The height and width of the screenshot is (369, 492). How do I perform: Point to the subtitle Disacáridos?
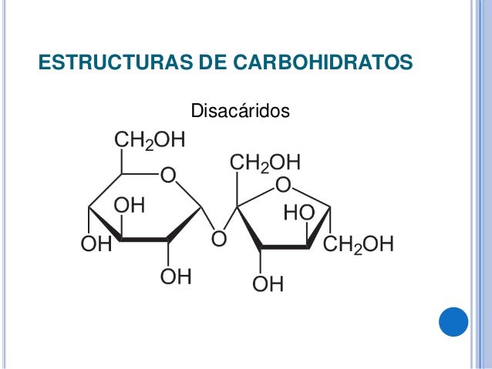click(240, 112)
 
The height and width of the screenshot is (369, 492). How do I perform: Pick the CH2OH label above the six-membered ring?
click(150, 140)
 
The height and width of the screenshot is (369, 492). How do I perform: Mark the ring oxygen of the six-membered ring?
click(167, 176)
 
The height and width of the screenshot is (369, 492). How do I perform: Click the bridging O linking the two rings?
click(218, 240)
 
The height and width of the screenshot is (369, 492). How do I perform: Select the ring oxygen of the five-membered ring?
click(282, 186)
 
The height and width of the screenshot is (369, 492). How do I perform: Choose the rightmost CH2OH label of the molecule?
click(358, 246)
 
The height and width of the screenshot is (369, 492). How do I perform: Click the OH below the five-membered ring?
click(268, 285)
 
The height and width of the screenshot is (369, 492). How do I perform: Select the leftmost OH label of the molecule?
click(96, 246)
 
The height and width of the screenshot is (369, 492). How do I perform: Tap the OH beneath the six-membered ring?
click(176, 277)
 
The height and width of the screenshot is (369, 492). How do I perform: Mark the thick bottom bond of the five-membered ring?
click(285, 247)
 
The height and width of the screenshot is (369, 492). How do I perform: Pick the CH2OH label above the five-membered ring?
click(265, 163)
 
